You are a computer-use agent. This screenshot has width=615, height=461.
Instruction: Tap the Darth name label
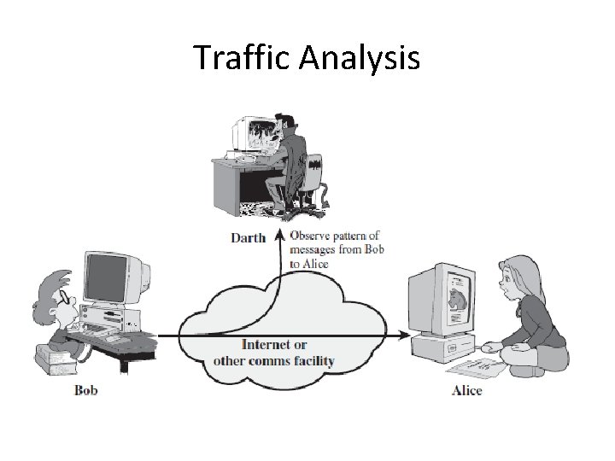coord(248,237)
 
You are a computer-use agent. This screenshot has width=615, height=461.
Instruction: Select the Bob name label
coord(85,391)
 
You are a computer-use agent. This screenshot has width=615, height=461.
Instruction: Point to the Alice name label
coord(466,391)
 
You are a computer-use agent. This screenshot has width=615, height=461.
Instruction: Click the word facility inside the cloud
coord(313,360)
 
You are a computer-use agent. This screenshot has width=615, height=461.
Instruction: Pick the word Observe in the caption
coord(311,235)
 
